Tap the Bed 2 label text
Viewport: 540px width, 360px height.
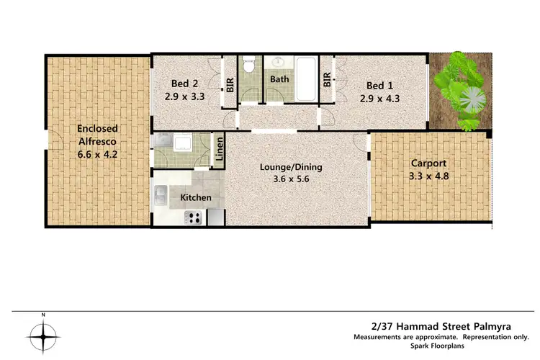click(x=177, y=83)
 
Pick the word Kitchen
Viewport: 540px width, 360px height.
click(x=195, y=197)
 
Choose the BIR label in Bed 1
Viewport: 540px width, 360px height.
click(x=327, y=79)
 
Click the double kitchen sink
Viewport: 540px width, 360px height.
click(x=161, y=194)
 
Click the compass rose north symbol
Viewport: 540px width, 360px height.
click(x=43, y=335)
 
